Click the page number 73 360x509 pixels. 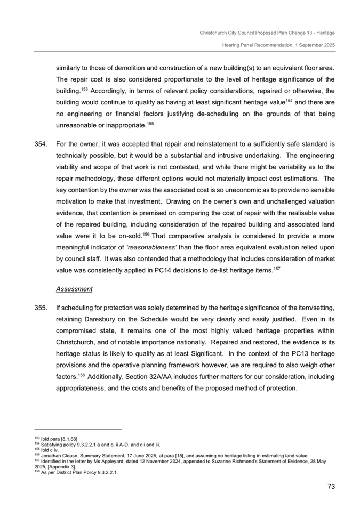330,486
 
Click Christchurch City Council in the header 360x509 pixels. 227,33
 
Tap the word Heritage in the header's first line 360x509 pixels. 324,33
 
